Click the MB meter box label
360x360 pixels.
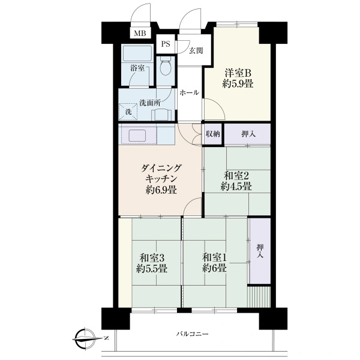pos(140,34)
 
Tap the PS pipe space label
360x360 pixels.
pos(166,44)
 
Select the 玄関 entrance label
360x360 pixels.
pos(196,50)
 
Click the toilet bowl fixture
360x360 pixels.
pos(166,66)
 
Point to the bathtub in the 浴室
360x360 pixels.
pos(137,53)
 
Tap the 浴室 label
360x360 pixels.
pos(137,68)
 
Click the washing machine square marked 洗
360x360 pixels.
pos(128,112)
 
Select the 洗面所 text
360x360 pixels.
pos(150,103)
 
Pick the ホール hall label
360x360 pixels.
pos(189,93)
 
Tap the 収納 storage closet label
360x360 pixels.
pos(213,134)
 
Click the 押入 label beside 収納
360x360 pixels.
pos(248,134)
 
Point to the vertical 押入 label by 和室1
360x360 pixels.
pos(260,251)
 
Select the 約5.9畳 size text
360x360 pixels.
pos(238,84)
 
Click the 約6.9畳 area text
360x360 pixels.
pos(161,190)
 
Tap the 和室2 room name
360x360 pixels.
pos(236,176)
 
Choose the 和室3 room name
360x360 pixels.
pos(152,258)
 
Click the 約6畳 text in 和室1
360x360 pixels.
pos(214,268)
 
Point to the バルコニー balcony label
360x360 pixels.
pos(193,334)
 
